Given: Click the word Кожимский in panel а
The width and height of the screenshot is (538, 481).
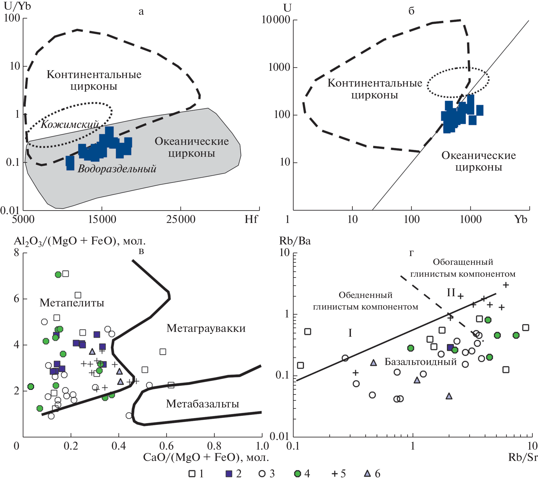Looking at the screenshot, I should point(70,124).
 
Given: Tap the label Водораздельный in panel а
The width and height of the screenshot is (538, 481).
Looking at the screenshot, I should point(117,169).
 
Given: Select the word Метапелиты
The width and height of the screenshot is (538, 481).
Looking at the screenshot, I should point(72,303).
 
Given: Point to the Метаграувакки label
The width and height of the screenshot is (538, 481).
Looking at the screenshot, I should point(206,328).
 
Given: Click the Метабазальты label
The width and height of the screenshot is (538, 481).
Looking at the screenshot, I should point(203,404).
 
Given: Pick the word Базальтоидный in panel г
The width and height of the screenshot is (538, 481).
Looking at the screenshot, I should point(421,362).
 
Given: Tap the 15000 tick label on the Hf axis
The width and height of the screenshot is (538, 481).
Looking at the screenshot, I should point(102,219).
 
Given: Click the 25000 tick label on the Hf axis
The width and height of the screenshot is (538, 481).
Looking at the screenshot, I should point(181,219).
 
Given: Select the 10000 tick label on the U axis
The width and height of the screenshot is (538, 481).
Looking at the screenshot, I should point(276,20).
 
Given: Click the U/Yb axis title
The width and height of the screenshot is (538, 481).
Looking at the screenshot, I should point(17,6).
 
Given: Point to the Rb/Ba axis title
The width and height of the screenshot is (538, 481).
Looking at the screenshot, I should point(295,241).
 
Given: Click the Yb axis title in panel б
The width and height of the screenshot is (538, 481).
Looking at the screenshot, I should point(521,219).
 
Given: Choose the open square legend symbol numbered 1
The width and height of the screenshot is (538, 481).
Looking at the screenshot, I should point(192,474).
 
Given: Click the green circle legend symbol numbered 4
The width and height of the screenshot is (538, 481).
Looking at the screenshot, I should point(297,474).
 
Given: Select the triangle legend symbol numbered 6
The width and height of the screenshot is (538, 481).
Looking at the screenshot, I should point(367,473).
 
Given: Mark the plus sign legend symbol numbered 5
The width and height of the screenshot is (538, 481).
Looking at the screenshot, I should point(335,474).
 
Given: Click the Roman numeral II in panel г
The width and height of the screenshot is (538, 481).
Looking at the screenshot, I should point(451,292).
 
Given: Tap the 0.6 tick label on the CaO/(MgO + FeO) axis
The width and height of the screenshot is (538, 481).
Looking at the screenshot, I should point(166,446).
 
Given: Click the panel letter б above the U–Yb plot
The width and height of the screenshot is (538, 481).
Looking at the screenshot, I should point(412,11).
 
